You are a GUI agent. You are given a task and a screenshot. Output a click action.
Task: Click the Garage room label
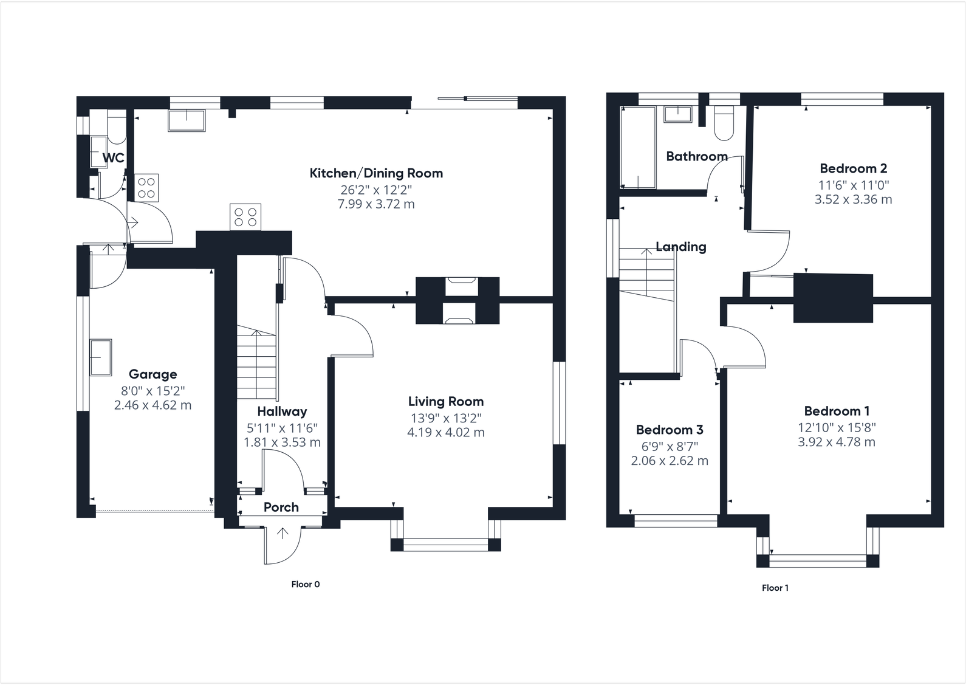coord(152,374)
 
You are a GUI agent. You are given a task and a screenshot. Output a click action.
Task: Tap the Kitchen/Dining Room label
coord(376,173)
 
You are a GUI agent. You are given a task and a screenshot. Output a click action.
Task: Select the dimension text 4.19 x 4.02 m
coord(445,433)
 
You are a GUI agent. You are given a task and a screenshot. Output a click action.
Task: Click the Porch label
coord(281,507)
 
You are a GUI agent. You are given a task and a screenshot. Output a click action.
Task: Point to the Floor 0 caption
coord(305,585)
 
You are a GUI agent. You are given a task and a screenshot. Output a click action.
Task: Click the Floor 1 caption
coord(775,588)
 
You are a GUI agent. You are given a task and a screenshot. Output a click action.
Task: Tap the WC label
coord(113,158)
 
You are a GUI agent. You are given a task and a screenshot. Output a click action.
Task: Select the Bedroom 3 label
coord(669,430)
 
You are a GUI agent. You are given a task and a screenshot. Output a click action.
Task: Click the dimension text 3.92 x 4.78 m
coord(836,442)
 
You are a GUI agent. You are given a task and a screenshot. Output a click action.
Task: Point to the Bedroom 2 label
coord(853,168)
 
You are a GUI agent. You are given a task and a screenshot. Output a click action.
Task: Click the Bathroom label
coord(696,156)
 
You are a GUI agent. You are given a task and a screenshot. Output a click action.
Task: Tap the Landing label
coord(680,247)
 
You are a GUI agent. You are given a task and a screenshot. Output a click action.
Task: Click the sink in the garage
coord(100,357)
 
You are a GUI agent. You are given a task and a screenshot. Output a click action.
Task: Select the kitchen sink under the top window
coord(187,120)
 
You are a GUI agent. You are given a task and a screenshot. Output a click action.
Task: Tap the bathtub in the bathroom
coord(638,148)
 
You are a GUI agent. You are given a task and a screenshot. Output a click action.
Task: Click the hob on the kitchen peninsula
coord(245,217)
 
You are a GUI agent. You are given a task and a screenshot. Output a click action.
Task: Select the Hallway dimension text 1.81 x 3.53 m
coord(282,442)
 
